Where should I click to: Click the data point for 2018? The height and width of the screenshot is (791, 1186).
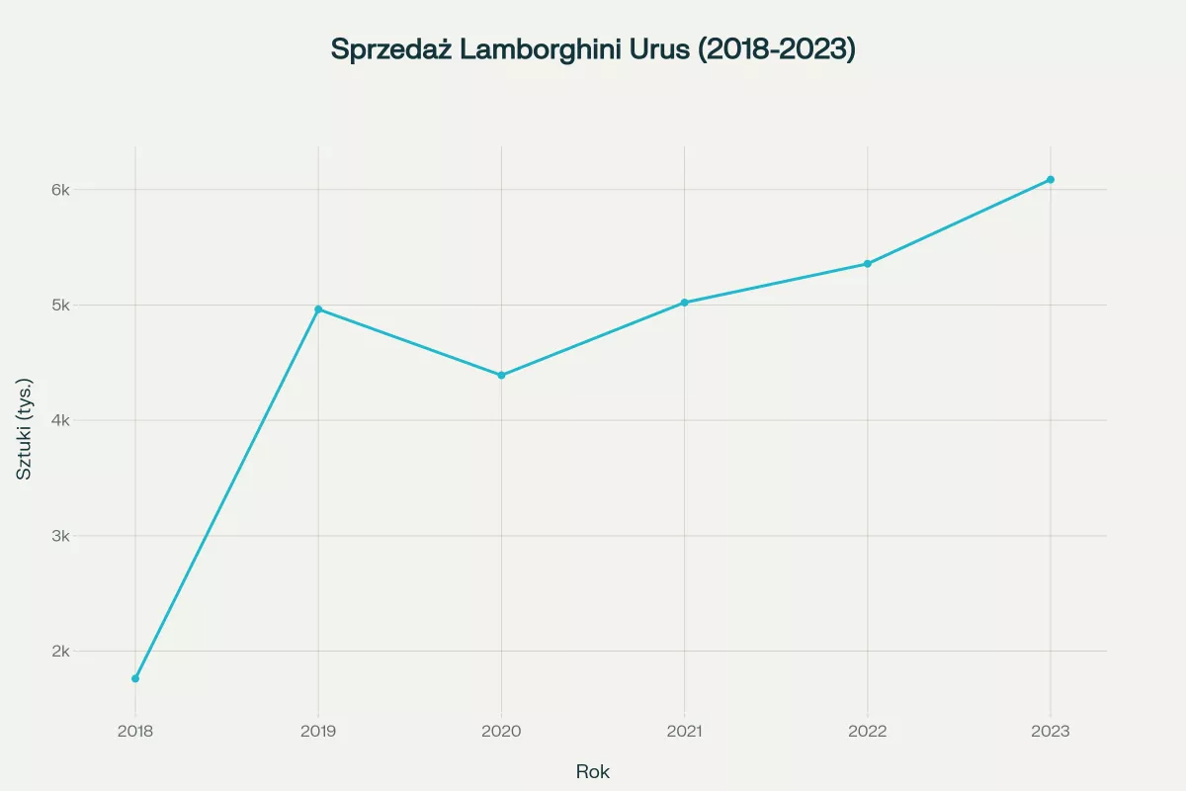pyautogui.click(x=135, y=678)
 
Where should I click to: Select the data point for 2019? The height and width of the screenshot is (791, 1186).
pyautogui.click(x=318, y=309)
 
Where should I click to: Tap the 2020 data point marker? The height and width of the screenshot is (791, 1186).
pyautogui.click(x=501, y=376)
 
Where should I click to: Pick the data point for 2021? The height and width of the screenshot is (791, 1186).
pyautogui.click(x=684, y=303)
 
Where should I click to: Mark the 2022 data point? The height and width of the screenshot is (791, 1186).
pyautogui.click(x=867, y=264)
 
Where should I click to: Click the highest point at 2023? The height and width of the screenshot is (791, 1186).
pyautogui.click(x=1051, y=180)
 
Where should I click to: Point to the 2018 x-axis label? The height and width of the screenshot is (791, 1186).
pyautogui.click(x=135, y=733)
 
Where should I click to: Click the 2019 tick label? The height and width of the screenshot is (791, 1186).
pyautogui.click(x=318, y=733)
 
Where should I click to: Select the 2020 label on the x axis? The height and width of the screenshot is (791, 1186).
pyautogui.click(x=501, y=733)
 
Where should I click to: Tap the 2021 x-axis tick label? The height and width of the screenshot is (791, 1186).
pyautogui.click(x=684, y=733)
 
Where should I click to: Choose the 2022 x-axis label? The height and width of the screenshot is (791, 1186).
pyautogui.click(x=867, y=733)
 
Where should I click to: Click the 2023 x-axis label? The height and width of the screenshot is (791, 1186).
pyautogui.click(x=1051, y=733)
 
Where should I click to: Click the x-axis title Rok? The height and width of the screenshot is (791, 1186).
pyautogui.click(x=593, y=772)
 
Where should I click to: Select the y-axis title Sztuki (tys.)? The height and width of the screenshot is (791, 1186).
pyautogui.click(x=26, y=428)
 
